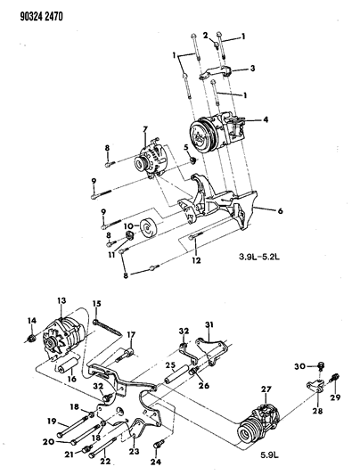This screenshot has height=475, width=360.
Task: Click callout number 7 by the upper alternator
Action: (143, 131)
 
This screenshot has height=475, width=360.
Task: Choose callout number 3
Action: (252, 68)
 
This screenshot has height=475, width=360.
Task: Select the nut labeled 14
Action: (33, 339)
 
